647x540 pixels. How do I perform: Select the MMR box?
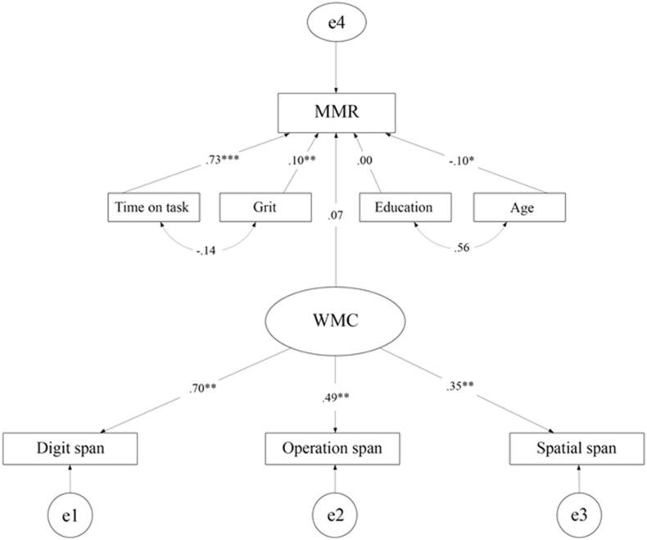[x=337, y=113]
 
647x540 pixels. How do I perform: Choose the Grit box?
[x=265, y=207]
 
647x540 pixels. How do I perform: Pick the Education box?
[x=403, y=207]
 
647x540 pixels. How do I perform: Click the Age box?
[x=521, y=207]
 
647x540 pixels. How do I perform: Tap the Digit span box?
[x=70, y=449]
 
